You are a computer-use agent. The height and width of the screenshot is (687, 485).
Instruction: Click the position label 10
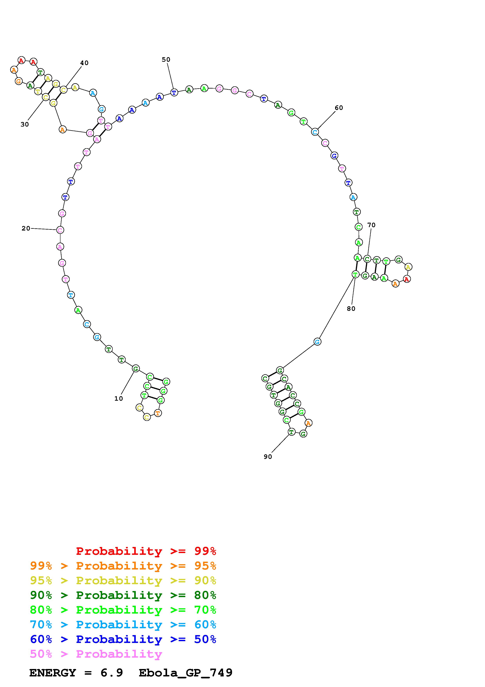[119, 399]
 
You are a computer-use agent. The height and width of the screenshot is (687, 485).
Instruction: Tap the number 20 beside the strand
[26, 228]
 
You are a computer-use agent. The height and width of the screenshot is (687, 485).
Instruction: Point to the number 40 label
[84, 63]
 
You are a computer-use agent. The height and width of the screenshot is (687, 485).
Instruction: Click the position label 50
[166, 60]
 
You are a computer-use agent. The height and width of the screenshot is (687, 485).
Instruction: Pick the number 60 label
[339, 108]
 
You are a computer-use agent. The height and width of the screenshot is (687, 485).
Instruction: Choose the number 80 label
[351, 308]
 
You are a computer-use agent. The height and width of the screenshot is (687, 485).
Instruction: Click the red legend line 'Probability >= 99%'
[146, 551]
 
